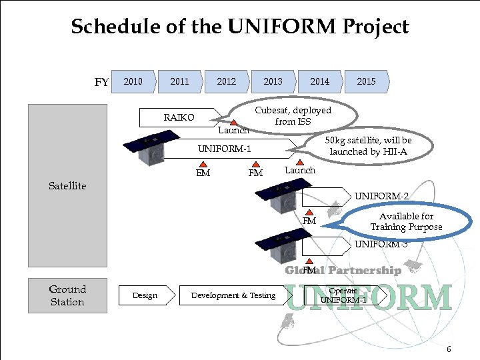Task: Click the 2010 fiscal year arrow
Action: (x=134, y=81)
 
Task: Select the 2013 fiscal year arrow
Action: (x=273, y=81)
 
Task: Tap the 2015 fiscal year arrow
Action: (x=366, y=81)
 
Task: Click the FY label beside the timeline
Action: (x=101, y=83)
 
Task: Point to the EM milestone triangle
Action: (x=203, y=163)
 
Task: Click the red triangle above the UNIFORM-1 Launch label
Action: (x=300, y=161)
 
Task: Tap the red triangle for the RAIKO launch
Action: (x=233, y=123)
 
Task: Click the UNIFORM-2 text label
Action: (x=381, y=196)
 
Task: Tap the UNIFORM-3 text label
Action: (x=381, y=244)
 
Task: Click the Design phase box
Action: (x=145, y=295)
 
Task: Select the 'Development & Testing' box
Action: (x=233, y=295)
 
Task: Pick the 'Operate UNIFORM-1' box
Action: (x=344, y=295)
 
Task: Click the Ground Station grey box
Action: (x=67, y=295)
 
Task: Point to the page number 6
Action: (x=449, y=349)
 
